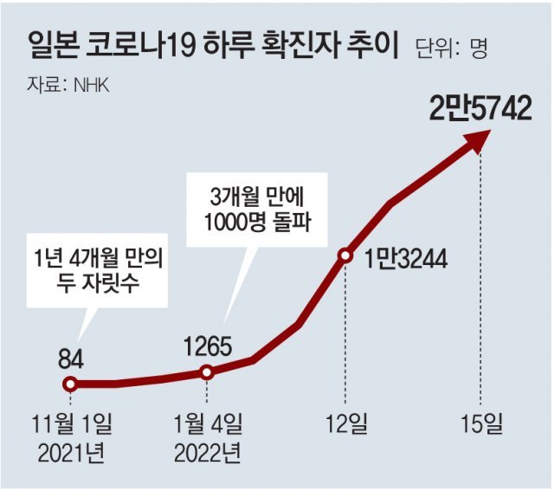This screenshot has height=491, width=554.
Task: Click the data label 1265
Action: click(x=207, y=346)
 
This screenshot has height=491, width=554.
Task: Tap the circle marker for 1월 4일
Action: click(x=207, y=372)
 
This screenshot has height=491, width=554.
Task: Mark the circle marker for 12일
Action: click(x=345, y=255)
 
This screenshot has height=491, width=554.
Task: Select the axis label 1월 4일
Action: click(x=207, y=425)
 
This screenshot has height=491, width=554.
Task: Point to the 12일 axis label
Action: click(x=345, y=425)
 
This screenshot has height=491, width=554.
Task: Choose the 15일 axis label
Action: click(x=480, y=425)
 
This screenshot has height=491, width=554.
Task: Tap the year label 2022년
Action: click(x=207, y=453)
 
